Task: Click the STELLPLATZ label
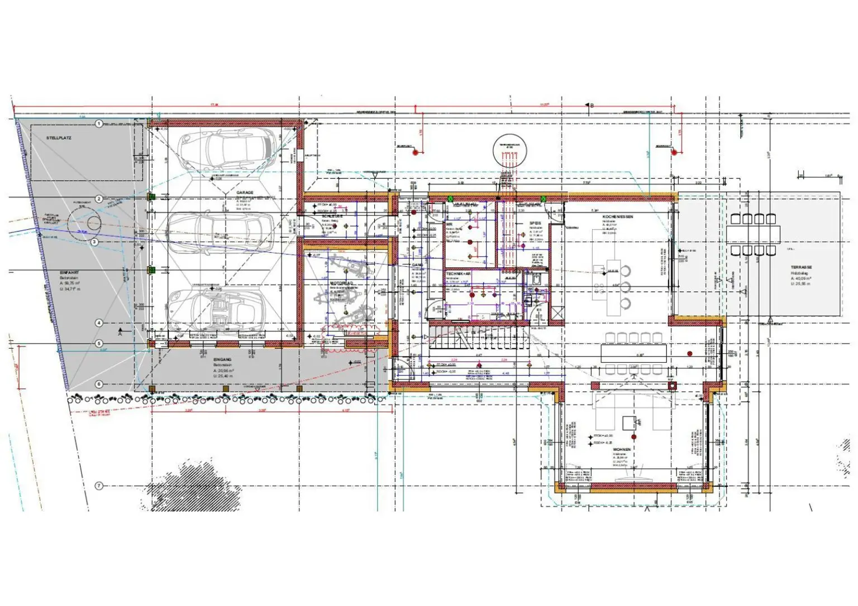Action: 59,137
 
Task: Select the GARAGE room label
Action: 245,193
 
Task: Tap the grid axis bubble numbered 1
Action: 99,123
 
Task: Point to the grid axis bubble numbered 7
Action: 99,486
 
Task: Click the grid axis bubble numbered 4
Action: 99,323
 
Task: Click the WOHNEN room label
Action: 622,449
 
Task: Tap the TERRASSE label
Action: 801,268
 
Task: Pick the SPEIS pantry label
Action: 535,223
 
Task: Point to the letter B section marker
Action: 591,105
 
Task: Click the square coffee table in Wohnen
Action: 630,422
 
